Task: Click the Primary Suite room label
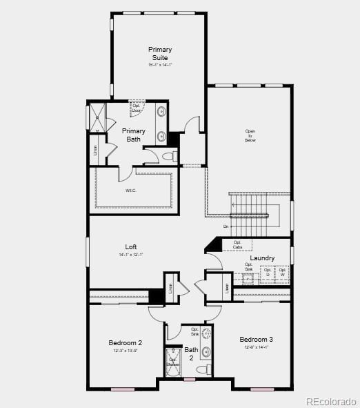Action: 160,53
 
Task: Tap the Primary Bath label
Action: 134,135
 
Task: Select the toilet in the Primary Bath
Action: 168,157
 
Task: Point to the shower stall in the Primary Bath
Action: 98,115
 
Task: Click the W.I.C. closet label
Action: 131,191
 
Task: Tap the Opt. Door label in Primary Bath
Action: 136,108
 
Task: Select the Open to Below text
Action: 250,135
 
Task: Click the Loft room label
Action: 131,246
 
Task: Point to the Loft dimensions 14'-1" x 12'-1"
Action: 131,255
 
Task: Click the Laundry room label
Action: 262,258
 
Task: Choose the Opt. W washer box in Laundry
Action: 282,272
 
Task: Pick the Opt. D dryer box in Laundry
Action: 267,272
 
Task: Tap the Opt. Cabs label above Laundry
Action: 237,244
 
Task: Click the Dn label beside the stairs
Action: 226,226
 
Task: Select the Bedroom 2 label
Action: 126,342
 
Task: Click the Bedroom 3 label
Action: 256,339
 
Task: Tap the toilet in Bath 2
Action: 203,371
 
